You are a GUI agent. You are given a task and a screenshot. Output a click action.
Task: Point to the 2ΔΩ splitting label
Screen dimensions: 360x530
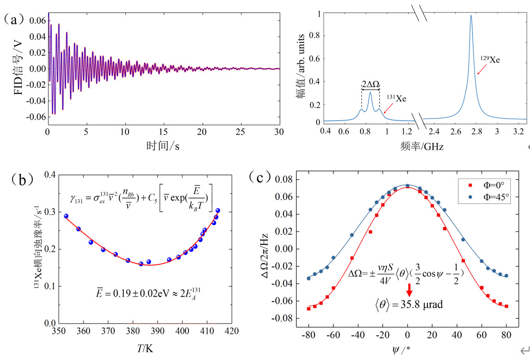[370, 84]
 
